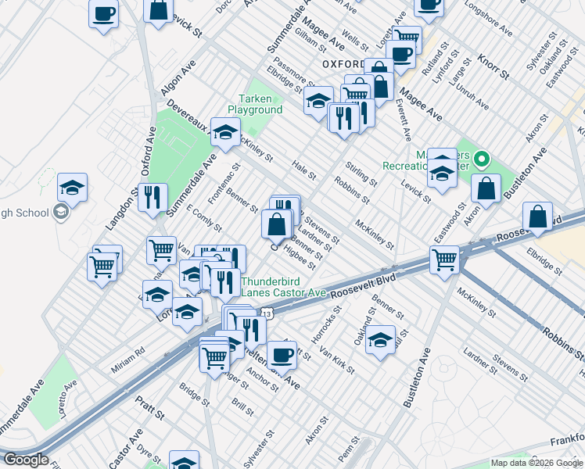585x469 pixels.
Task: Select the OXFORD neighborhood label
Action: (x=343, y=64)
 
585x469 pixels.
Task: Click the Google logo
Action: (x=26, y=460)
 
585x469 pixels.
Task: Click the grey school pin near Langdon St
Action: (x=60, y=212)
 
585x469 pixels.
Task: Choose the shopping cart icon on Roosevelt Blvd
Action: (x=445, y=258)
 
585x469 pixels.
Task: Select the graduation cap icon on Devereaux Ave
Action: (x=225, y=133)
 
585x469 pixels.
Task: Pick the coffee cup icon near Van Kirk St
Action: (x=282, y=354)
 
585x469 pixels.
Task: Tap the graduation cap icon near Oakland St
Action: (x=380, y=338)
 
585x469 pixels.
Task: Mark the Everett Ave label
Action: (x=403, y=124)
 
